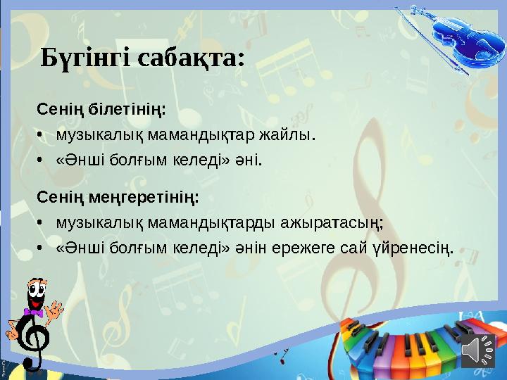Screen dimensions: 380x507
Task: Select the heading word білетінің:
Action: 126,110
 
